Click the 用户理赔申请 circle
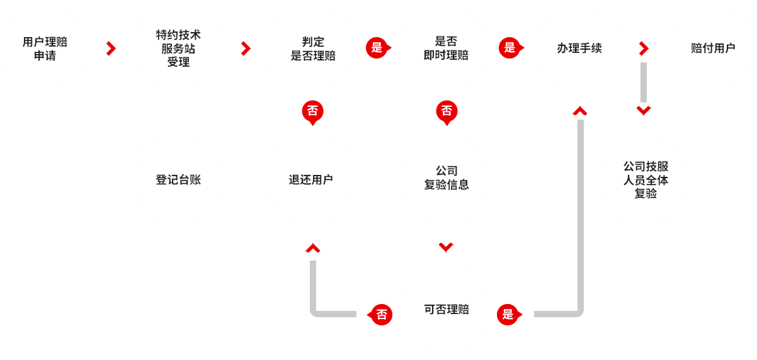click(45, 48)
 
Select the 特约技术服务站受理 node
click(178, 48)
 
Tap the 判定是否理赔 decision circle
click(312, 48)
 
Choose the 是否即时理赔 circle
click(446, 48)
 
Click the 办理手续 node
click(579, 48)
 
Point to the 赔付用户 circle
click(712, 48)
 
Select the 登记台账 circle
click(178, 180)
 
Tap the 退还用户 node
click(312, 180)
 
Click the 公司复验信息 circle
click(446, 179)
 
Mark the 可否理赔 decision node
click(446, 310)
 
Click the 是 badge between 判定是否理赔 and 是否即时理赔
click(377, 48)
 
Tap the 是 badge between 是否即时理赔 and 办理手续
click(509, 48)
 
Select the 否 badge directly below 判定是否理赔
click(312, 111)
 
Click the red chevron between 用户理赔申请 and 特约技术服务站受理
click(111, 48)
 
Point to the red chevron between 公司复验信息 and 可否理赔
click(446, 247)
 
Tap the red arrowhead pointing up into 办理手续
click(579, 111)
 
